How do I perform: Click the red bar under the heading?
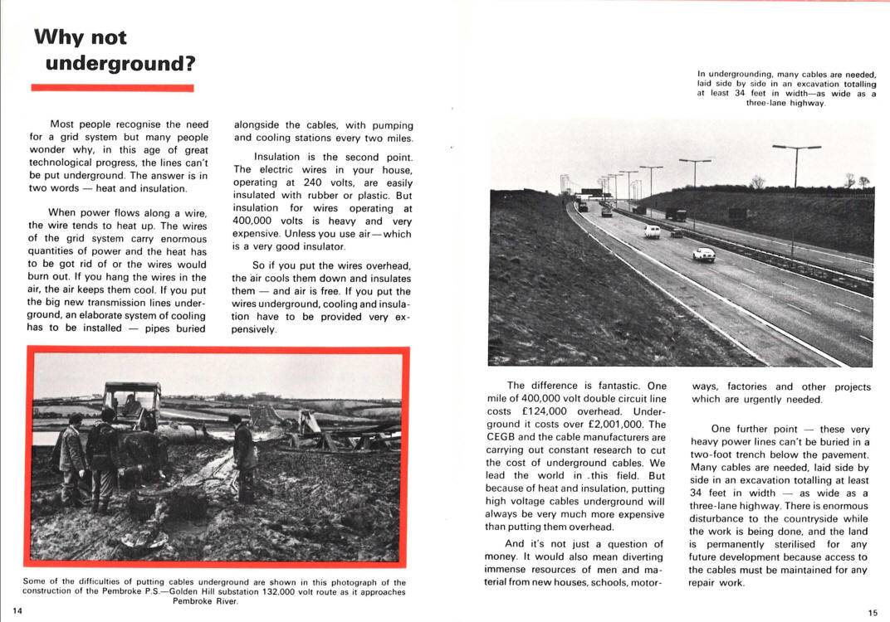[x=112, y=87]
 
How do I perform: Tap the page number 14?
[x=17, y=611]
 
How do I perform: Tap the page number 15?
[x=873, y=613]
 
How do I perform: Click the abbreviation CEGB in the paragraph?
[x=501, y=437]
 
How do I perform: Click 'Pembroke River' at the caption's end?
[x=207, y=601]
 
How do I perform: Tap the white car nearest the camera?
[x=704, y=254]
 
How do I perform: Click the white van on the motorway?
[x=652, y=231]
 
